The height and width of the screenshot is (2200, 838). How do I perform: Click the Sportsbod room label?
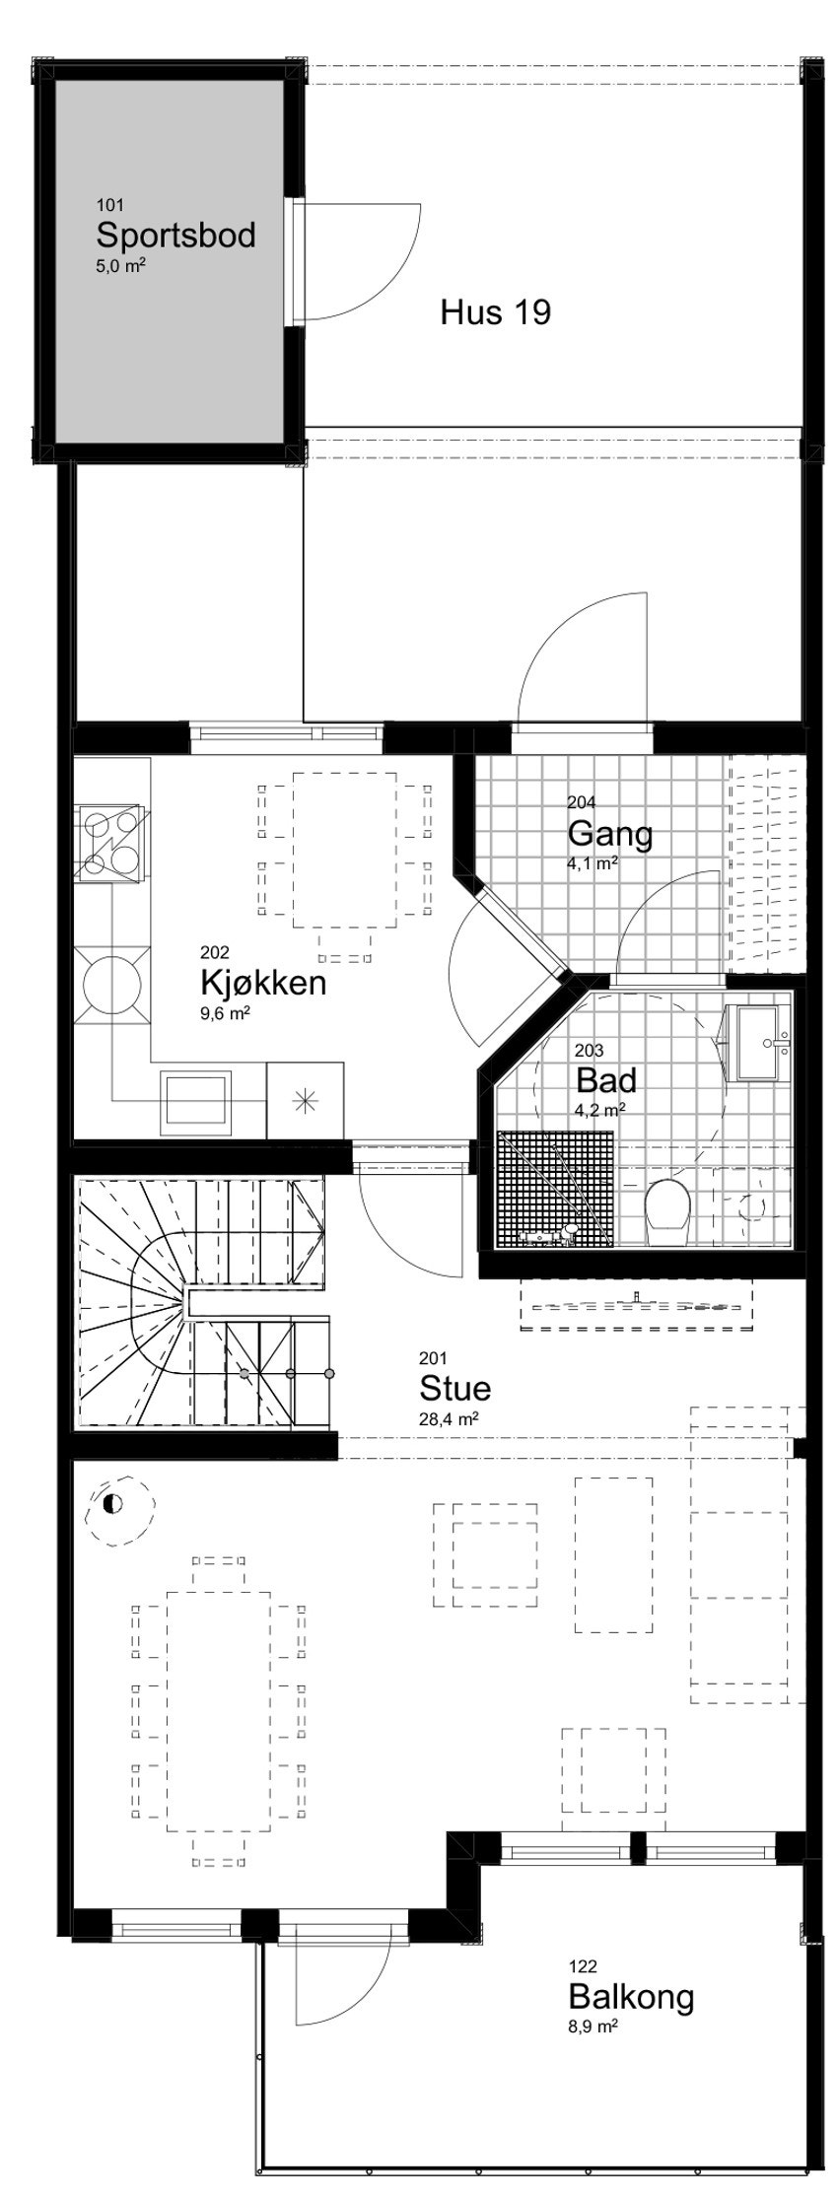(x=175, y=235)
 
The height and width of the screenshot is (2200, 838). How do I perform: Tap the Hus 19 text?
(x=495, y=313)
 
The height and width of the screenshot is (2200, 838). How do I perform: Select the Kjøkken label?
(x=262, y=983)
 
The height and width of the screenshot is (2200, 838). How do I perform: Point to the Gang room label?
(x=609, y=834)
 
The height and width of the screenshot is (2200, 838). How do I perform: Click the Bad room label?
(x=605, y=1080)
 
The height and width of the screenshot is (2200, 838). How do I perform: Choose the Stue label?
(x=454, y=1388)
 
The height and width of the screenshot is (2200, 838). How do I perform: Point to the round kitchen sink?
(x=111, y=983)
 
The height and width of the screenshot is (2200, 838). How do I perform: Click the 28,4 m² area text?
(x=449, y=1419)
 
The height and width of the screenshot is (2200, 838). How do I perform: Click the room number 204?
(x=581, y=802)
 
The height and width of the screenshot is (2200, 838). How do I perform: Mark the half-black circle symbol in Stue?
(x=112, y=1505)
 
